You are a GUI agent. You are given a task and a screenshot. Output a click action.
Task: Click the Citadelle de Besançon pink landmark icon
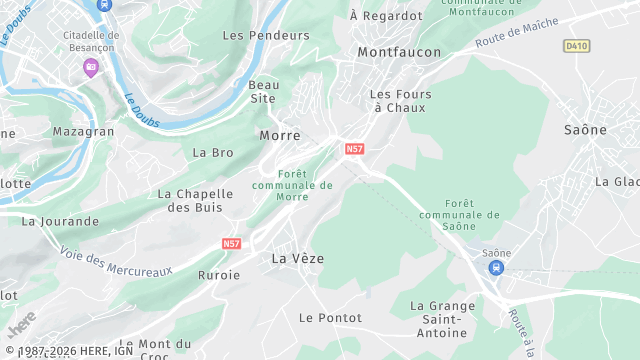coord(91,67)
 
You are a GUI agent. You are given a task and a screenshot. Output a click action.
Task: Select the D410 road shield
coord(575,46)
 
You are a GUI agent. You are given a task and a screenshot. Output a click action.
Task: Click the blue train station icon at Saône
coord(497,267)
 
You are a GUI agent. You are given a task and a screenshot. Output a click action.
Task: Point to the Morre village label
coord(279,135)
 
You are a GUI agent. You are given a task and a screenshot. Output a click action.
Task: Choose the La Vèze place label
coord(298,258)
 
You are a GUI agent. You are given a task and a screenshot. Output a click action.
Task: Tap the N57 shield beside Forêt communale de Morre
coord(354,149)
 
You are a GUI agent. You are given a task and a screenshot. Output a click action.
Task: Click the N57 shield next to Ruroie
coord(232,243)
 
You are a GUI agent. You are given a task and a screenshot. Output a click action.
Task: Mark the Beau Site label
coord(263,91)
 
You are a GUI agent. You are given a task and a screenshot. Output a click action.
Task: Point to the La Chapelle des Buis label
coord(195,200)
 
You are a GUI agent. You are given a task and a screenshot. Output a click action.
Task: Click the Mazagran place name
coord(83,131)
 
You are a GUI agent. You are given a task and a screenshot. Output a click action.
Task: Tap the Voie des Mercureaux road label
coord(116,262)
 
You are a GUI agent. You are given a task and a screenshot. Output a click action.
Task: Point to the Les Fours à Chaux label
coord(398,100)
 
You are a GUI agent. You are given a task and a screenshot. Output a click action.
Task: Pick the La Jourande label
coord(60,221)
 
